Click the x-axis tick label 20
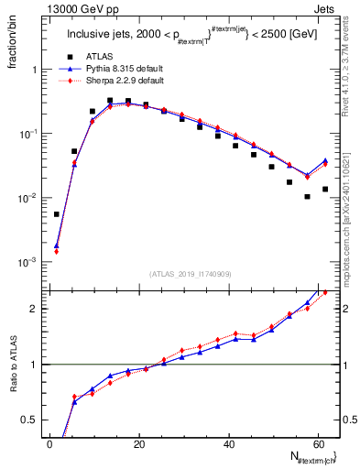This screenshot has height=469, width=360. [x=138, y=443]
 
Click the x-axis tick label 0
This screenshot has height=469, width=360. [x=49, y=443]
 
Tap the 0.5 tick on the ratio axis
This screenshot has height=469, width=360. [x=34, y=420]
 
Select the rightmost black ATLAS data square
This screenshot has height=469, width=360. [x=325, y=189]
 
